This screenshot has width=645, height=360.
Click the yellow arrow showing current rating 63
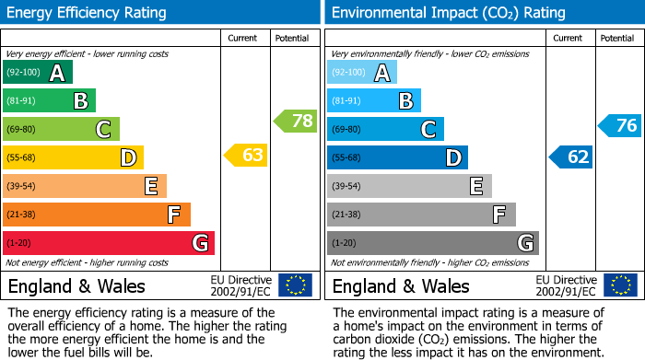pyautogui.click(x=246, y=155)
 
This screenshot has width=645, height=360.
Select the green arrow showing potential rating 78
pyautogui.click(x=295, y=121)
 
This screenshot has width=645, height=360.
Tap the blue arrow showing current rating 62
pyautogui.click(x=570, y=157)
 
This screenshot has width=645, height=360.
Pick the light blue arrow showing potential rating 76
pyautogui.click(x=619, y=125)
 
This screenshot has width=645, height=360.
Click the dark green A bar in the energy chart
pyautogui.click(x=37, y=73)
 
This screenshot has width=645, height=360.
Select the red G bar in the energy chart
pyautogui.click(x=108, y=243)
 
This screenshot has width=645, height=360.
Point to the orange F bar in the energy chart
pyautogui.click(x=96, y=215)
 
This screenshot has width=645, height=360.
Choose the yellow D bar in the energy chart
pyautogui.click(x=73, y=157)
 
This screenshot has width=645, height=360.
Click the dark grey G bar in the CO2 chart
pyautogui.click(x=432, y=243)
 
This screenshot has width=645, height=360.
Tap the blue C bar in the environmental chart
pyautogui.click(x=385, y=129)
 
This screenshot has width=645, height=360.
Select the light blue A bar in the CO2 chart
pyautogui.click(x=362, y=73)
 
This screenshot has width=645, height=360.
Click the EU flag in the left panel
pyautogui.click(x=295, y=285)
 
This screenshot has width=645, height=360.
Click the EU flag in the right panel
pyautogui.click(x=619, y=285)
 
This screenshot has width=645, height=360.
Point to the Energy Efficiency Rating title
pyautogui.click(x=88, y=13)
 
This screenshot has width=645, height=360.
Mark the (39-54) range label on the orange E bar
pyautogui.click(x=21, y=186)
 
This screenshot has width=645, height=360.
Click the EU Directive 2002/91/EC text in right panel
pyautogui.click(x=566, y=285)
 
